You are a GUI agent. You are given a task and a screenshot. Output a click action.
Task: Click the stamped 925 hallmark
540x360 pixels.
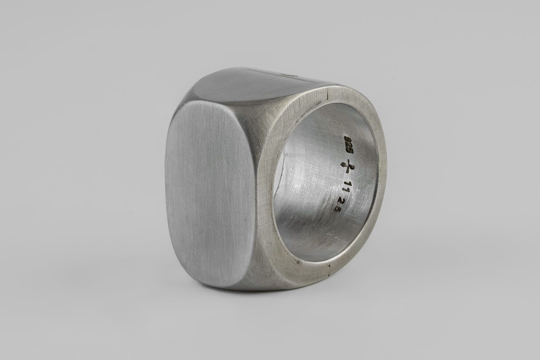pos(348,145)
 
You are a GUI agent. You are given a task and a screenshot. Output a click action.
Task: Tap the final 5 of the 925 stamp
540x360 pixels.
pos(350,151)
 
